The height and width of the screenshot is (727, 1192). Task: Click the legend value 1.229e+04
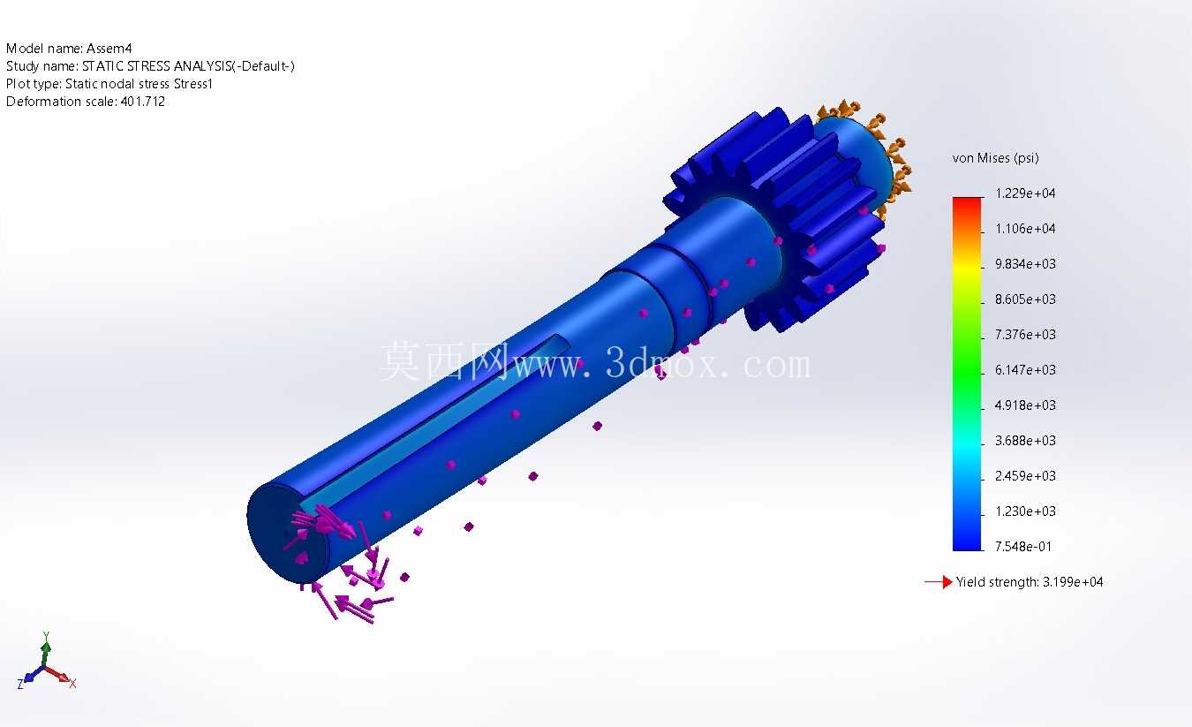click(1025, 193)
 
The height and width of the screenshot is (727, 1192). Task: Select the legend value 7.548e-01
click(1023, 547)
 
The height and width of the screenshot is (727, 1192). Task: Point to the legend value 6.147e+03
click(1025, 370)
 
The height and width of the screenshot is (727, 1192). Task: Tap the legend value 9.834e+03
click(1025, 264)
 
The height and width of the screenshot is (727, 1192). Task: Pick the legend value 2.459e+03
click(1025, 476)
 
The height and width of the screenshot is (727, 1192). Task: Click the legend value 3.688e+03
click(1025, 441)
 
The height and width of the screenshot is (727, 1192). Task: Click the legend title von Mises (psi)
click(995, 158)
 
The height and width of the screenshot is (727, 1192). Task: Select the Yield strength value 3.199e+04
click(1073, 582)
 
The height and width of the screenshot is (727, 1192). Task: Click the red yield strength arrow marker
click(939, 582)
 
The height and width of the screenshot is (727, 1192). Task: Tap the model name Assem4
click(109, 49)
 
